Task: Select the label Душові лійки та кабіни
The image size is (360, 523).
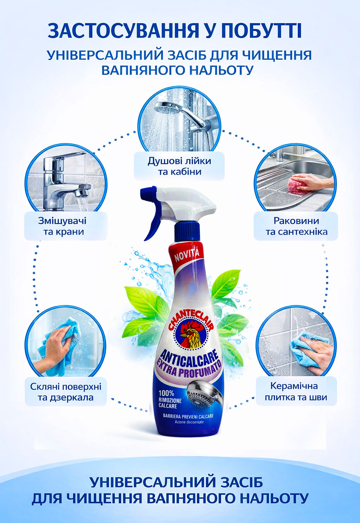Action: [x=179, y=166]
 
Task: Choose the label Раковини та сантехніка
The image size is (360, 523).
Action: [x=296, y=226]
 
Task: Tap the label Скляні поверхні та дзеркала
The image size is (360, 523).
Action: [x=66, y=392]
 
